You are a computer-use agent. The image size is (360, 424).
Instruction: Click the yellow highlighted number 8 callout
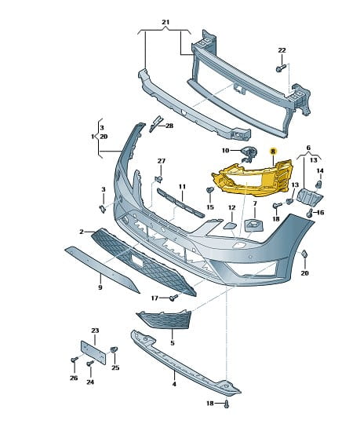[273, 152]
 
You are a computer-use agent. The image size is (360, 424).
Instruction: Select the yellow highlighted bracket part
[253, 179]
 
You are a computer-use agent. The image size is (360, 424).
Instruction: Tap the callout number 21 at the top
[165, 22]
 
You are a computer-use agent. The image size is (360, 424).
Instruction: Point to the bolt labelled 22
[281, 68]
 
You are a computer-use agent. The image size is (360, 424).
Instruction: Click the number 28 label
[169, 126]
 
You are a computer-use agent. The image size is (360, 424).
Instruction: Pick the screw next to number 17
[173, 298]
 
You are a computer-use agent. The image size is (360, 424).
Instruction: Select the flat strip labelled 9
[102, 269]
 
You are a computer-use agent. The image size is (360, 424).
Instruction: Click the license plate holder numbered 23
[93, 352]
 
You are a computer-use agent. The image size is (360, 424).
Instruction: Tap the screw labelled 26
[74, 360]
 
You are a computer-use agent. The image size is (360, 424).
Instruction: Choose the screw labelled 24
[90, 364]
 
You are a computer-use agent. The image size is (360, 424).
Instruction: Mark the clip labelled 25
[114, 349]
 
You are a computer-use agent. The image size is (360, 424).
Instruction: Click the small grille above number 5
[165, 319]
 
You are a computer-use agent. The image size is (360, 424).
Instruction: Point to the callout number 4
[174, 384]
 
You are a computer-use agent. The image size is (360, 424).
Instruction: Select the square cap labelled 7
[254, 225]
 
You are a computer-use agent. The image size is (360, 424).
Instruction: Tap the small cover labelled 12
[231, 225]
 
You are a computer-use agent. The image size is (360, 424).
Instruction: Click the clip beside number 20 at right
[304, 254]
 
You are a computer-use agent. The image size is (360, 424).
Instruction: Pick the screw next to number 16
[310, 213]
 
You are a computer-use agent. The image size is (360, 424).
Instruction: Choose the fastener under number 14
[319, 185]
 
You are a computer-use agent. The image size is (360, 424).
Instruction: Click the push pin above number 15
[210, 190]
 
